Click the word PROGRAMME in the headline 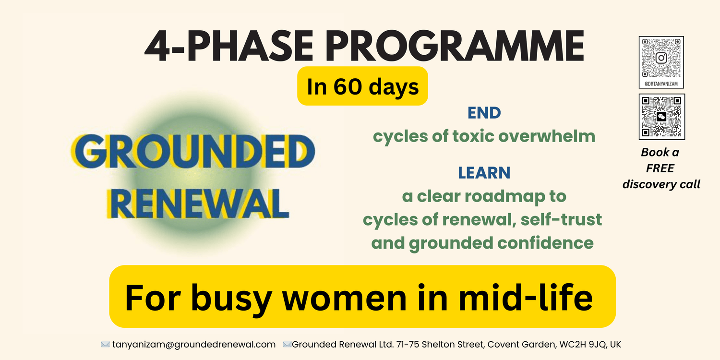[x=456, y=46]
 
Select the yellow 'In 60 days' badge [x=362, y=86]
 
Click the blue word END [x=484, y=113]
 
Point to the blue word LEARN [x=484, y=173]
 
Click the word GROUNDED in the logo [x=193, y=151]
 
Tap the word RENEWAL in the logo [x=198, y=204]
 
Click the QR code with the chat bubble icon [x=662, y=117]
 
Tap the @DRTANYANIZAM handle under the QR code [x=661, y=84]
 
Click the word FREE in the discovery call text [x=660, y=168]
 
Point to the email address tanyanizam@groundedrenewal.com [x=194, y=345]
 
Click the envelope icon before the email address [x=105, y=344]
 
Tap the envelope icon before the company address [x=287, y=344]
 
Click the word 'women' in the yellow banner [x=345, y=299]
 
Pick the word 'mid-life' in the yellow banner [x=526, y=297]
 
